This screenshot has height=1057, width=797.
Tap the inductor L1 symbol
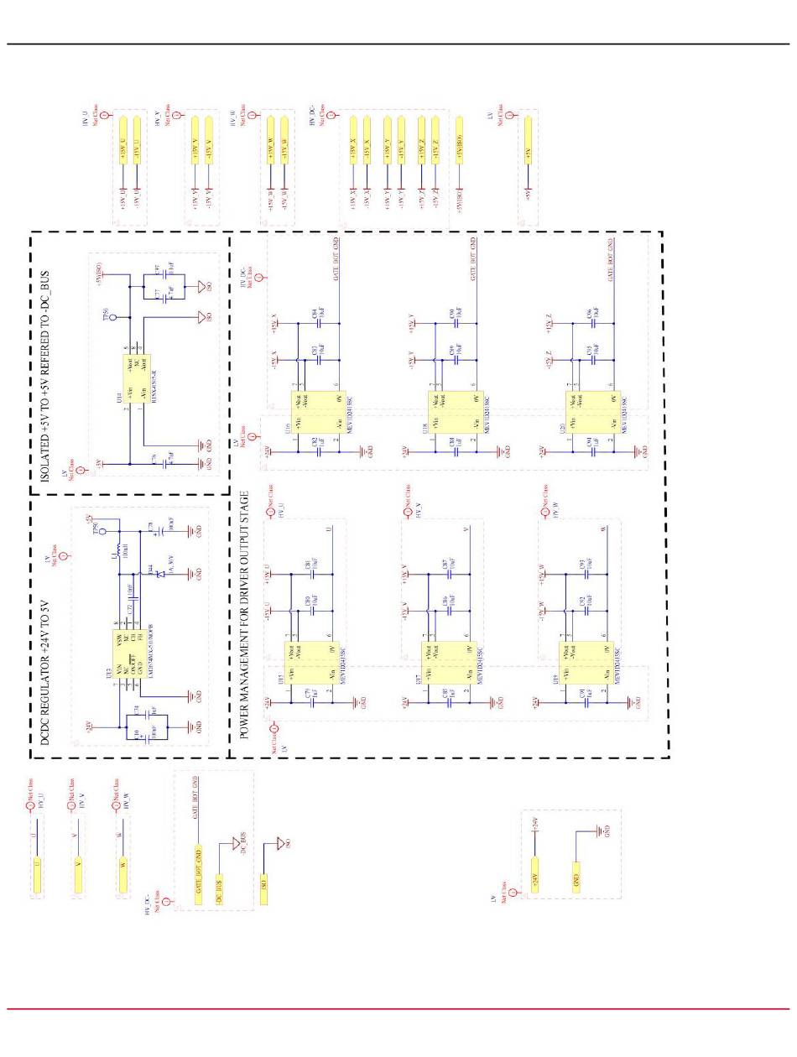pos(117,555)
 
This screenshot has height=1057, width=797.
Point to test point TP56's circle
pos(112,319)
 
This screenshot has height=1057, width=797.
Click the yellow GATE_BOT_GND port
pos(198,873)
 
